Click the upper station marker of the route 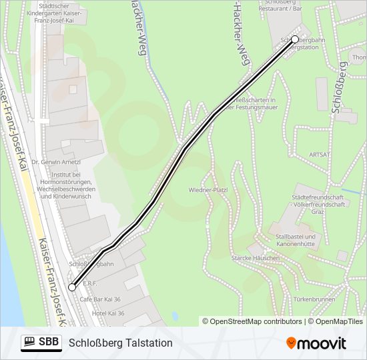[295, 39]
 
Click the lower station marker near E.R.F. [72, 287]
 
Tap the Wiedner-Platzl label [208, 190]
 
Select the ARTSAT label [320, 154]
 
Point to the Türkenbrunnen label [313, 299]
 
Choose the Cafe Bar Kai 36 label [100, 299]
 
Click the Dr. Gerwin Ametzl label [61, 162]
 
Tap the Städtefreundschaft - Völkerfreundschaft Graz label [318, 204]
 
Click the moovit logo [316, 343]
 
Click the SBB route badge [41, 343]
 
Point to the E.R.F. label [90, 283]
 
